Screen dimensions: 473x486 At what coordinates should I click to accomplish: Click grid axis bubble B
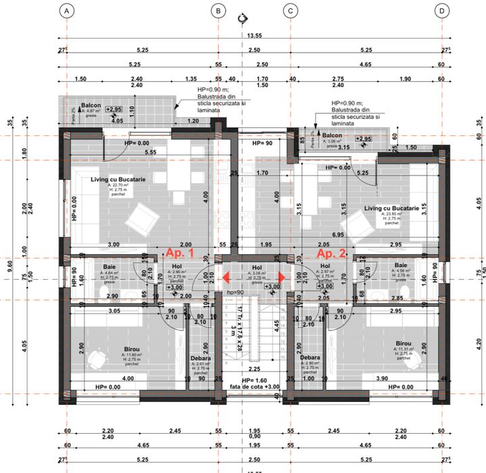coord(218,11)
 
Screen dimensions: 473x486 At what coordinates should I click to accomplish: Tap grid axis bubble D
coord(441,11)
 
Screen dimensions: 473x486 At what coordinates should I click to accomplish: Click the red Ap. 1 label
coord(180,253)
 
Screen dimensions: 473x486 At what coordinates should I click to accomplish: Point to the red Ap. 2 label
coord(332,253)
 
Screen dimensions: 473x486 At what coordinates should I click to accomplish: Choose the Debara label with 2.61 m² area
coord(200,358)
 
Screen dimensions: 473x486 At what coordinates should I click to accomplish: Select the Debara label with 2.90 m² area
coord(310,358)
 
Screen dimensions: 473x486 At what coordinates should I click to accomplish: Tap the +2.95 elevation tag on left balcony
coord(113,109)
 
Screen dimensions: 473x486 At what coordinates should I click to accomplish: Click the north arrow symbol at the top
coord(243,18)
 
